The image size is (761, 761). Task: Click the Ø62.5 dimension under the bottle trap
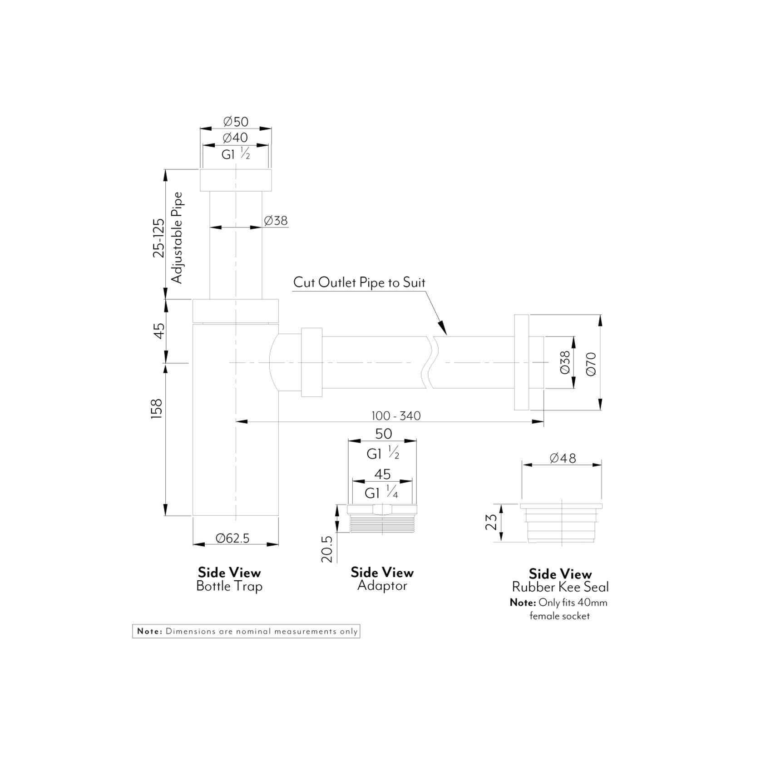(232, 539)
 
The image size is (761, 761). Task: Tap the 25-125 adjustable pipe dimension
(158, 238)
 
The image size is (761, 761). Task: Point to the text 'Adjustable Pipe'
(177, 238)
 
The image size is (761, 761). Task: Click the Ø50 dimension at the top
(236, 122)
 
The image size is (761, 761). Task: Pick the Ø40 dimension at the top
(236, 138)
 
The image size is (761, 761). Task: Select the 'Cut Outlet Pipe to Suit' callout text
(359, 282)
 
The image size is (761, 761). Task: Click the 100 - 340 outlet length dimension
(396, 415)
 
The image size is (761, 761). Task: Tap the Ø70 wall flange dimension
(591, 364)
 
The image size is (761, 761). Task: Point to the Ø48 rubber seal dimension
(563, 458)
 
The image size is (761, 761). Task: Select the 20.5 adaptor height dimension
(327, 549)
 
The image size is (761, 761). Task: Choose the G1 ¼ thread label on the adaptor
(381, 493)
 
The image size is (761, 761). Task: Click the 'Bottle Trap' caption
(229, 586)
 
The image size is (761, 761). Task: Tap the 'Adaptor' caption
(382, 586)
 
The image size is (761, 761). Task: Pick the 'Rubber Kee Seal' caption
(560, 587)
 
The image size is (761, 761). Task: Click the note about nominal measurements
(246, 632)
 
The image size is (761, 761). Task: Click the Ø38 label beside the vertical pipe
(276, 221)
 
